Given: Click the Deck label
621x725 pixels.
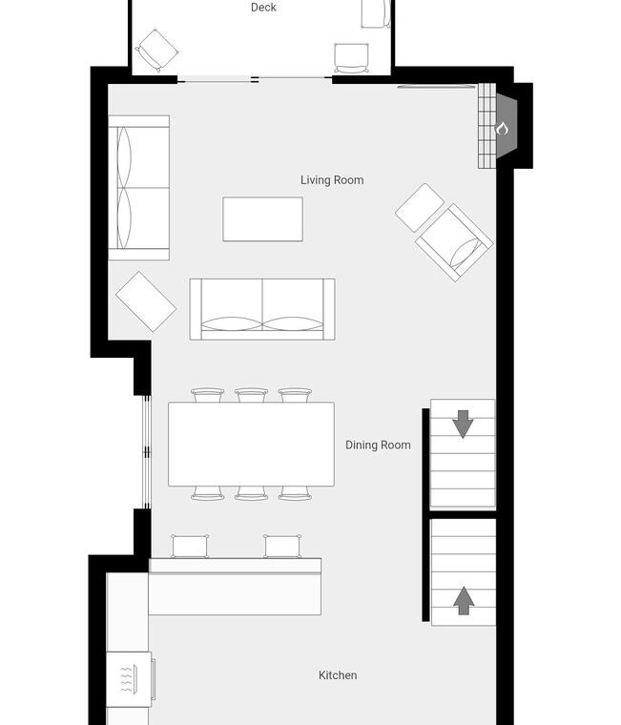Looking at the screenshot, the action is (x=263, y=8).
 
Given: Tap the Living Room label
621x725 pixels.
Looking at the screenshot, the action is (x=332, y=180).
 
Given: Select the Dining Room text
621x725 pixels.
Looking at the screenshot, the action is (x=378, y=445).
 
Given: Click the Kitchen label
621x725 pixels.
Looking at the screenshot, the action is (x=338, y=675).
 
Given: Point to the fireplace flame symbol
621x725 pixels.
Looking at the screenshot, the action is (x=502, y=128).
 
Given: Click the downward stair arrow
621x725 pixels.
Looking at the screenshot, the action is (x=463, y=424).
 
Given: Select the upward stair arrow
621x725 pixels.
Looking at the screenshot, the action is (x=464, y=601).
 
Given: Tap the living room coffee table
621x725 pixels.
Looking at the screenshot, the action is (x=262, y=219).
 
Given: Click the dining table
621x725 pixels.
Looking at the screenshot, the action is (x=251, y=444).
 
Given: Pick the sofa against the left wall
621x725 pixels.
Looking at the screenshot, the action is (x=138, y=188).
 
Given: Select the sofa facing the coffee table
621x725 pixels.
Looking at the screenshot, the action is (x=262, y=309).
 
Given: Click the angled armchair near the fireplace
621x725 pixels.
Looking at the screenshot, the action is (x=454, y=242).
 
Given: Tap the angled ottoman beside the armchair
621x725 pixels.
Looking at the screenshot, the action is (x=420, y=208).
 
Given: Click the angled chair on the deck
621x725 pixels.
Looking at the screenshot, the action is (x=157, y=51).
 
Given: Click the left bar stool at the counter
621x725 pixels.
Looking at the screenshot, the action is (x=190, y=546).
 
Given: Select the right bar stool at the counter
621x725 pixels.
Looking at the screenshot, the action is (x=282, y=546).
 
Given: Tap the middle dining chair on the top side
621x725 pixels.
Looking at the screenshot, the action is (x=251, y=395).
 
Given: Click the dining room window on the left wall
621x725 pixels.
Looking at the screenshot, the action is (x=146, y=452).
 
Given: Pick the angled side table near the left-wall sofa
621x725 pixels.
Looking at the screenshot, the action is (x=146, y=301).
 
